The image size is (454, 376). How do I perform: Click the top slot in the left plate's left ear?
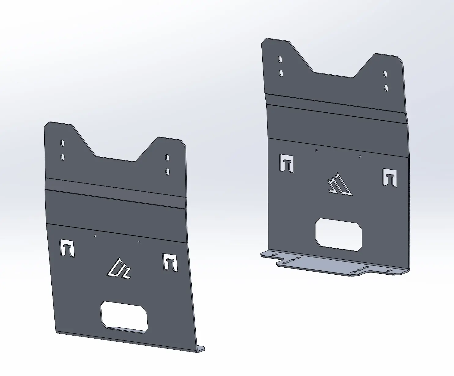click(x=62, y=143)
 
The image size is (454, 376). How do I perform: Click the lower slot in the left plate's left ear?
click(x=63, y=157)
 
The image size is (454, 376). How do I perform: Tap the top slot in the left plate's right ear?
click(x=167, y=157)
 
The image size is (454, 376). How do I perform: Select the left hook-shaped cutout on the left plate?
click(x=67, y=247)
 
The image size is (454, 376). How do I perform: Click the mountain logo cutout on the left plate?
click(x=119, y=269)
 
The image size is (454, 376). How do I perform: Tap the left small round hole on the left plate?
click(x=95, y=235)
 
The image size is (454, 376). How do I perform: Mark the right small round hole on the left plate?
click(x=139, y=242)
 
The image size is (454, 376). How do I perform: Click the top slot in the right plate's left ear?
click(x=280, y=59)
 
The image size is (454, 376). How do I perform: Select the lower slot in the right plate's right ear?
click(x=386, y=88)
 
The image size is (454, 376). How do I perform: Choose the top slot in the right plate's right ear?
click(x=385, y=73)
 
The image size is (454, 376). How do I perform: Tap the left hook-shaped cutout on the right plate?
click(x=287, y=163)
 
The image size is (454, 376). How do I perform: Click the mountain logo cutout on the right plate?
click(x=339, y=184)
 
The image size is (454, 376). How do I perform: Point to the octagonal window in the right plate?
click(x=339, y=235)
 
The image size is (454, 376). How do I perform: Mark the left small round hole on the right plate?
click(x=316, y=150)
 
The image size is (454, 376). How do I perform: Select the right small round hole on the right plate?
click(x=360, y=156)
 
